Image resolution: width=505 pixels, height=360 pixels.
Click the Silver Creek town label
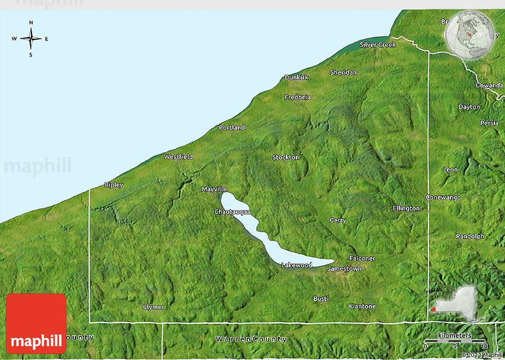377,45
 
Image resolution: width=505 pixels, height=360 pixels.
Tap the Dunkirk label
296,77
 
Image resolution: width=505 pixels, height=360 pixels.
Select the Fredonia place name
298,97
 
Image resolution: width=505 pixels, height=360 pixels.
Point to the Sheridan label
343,72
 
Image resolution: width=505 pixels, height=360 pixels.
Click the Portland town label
232,127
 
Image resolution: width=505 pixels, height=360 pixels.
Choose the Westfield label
178,157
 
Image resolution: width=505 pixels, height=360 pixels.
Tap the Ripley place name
113,185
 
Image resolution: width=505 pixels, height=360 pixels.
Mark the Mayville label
214,190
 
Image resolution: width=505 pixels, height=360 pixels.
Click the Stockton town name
286,157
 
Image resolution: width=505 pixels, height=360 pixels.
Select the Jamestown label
345,269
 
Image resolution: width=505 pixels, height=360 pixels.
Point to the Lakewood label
296,265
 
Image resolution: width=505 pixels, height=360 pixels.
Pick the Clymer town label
153,307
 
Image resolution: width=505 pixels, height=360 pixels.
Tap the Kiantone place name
362,307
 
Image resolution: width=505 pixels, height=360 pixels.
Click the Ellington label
406,209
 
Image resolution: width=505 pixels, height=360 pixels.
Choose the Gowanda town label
489,86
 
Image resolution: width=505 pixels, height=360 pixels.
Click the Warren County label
251,339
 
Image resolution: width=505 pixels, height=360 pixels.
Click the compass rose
31,39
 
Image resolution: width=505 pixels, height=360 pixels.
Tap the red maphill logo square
36,323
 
